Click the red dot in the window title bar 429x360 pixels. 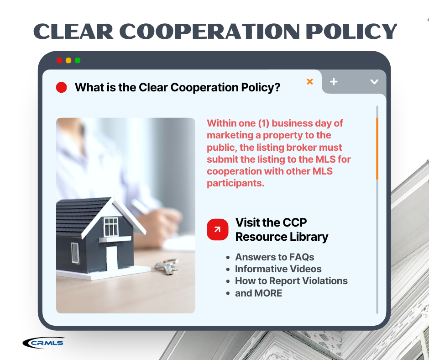[x=59, y=60]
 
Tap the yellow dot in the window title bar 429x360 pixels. [x=68, y=60]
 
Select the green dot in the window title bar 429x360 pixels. [x=78, y=60]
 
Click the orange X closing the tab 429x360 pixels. [x=310, y=81]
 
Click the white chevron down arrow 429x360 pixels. [x=374, y=82]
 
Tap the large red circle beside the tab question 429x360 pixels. [x=61, y=87]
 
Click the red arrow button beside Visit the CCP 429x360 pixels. [x=218, y=230]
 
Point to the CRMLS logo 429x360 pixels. [x=43, y=343]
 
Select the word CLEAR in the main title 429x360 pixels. [x=73, y=31]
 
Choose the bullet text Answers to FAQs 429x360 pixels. [x=274, y=257]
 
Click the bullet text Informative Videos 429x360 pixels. [x=278, y=269]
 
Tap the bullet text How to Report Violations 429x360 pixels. [x=291, y=281]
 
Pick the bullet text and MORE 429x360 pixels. [x=259, y=293]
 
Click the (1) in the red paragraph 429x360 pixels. [x=264, y=123]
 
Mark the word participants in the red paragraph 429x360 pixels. [x=235, y=183]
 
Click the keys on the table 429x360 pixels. [x=167, y=266]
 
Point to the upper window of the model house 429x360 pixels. [x=111, y=227]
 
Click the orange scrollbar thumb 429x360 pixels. [x=377, y=149]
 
